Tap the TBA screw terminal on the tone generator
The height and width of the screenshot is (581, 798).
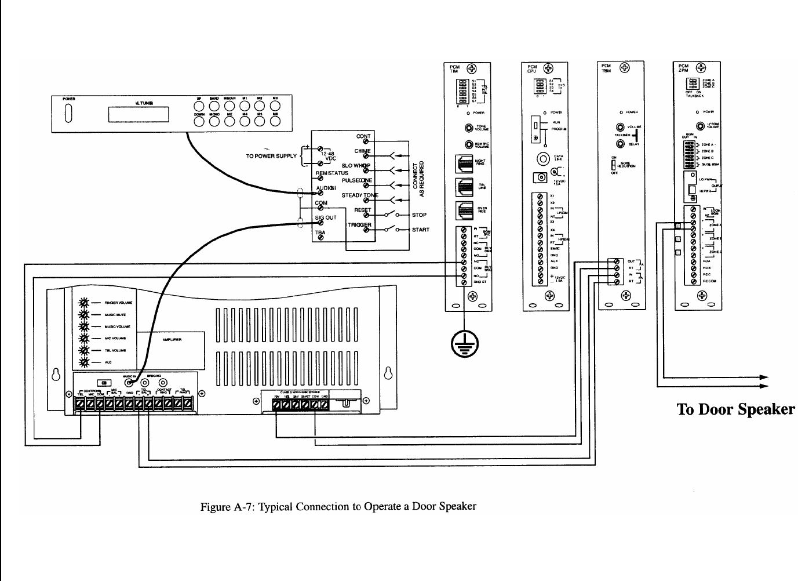(x=320, y=239)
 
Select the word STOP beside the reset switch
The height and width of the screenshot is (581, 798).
(x=419, y=215)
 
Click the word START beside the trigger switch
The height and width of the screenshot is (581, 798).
(x=421, y=230)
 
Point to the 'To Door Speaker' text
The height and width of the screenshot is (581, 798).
(x=735, y=409)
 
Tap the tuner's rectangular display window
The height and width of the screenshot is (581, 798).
(x=138, y=114)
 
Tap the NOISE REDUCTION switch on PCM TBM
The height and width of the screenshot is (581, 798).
(x=614, y=165)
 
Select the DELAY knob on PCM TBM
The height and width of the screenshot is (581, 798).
(x=620, y=144)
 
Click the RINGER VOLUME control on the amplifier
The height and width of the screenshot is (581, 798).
(x=85, y=303)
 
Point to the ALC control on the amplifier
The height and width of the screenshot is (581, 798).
(x=85, y=362)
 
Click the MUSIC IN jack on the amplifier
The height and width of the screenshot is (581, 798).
(x=129, y=382)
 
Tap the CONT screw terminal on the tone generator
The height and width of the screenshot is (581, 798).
(x=366, y=143)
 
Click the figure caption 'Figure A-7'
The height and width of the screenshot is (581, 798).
(x=338, y=506)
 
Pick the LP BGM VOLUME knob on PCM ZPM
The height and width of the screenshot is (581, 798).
(x=701, y=125)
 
